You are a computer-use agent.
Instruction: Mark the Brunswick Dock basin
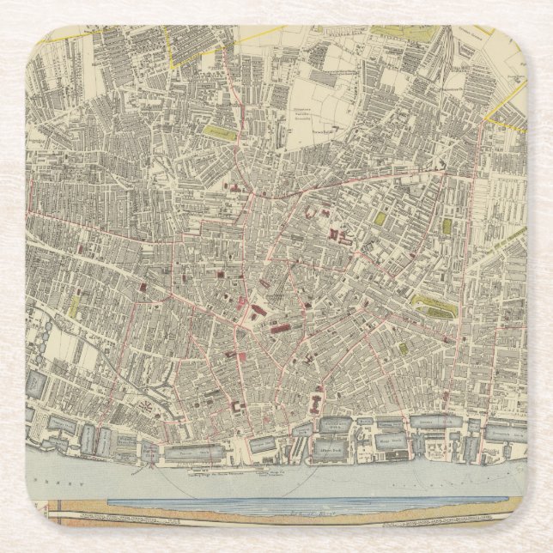pyautogui.click(x=507, y=434)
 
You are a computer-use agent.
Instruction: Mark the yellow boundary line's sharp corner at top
pyautogui.click(x=175, y=64)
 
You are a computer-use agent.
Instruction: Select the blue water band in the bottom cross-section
pyautogui.click(x=301, y=506)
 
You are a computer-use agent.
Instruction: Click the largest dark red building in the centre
pyautogui.click(x=279, y=327)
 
